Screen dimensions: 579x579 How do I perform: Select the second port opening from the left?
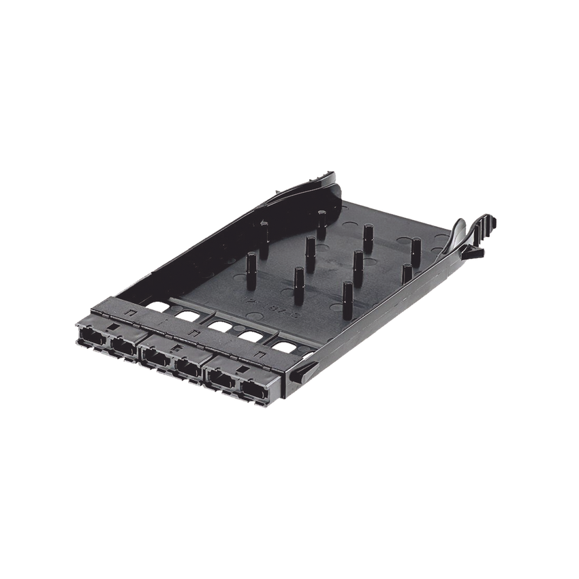[123, 347]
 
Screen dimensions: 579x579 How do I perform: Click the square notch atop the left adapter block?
[127, 313]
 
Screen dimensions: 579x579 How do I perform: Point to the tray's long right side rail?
[381, 307]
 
